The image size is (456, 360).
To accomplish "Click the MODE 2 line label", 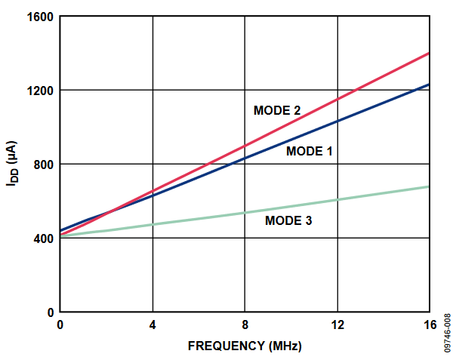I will click(277, 110).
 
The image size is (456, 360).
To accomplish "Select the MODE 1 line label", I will click(309, 151).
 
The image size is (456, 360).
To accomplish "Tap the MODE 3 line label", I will click(288, 221).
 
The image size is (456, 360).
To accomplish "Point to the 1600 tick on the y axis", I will click(39, 17).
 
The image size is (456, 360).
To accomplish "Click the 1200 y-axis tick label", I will click(39, 91).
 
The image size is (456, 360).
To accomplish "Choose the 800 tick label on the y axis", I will click(42, 165).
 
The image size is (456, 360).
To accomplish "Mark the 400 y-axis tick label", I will click(42, 238).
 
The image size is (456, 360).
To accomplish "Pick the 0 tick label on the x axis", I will click(60, 325).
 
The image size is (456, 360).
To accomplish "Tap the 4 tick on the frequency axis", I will click(153, 325).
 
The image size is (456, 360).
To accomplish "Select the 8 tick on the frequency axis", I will click(245, 325).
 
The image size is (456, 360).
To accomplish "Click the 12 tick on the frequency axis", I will click(337, 325).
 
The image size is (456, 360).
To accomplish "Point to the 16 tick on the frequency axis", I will click(428, 325).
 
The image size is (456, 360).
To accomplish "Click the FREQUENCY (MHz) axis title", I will click(245, 346).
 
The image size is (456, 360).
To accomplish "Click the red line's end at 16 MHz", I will click(428, 54).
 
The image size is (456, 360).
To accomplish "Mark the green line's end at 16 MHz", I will click(428, 186).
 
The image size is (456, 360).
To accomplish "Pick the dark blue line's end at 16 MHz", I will click(428, 85).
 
